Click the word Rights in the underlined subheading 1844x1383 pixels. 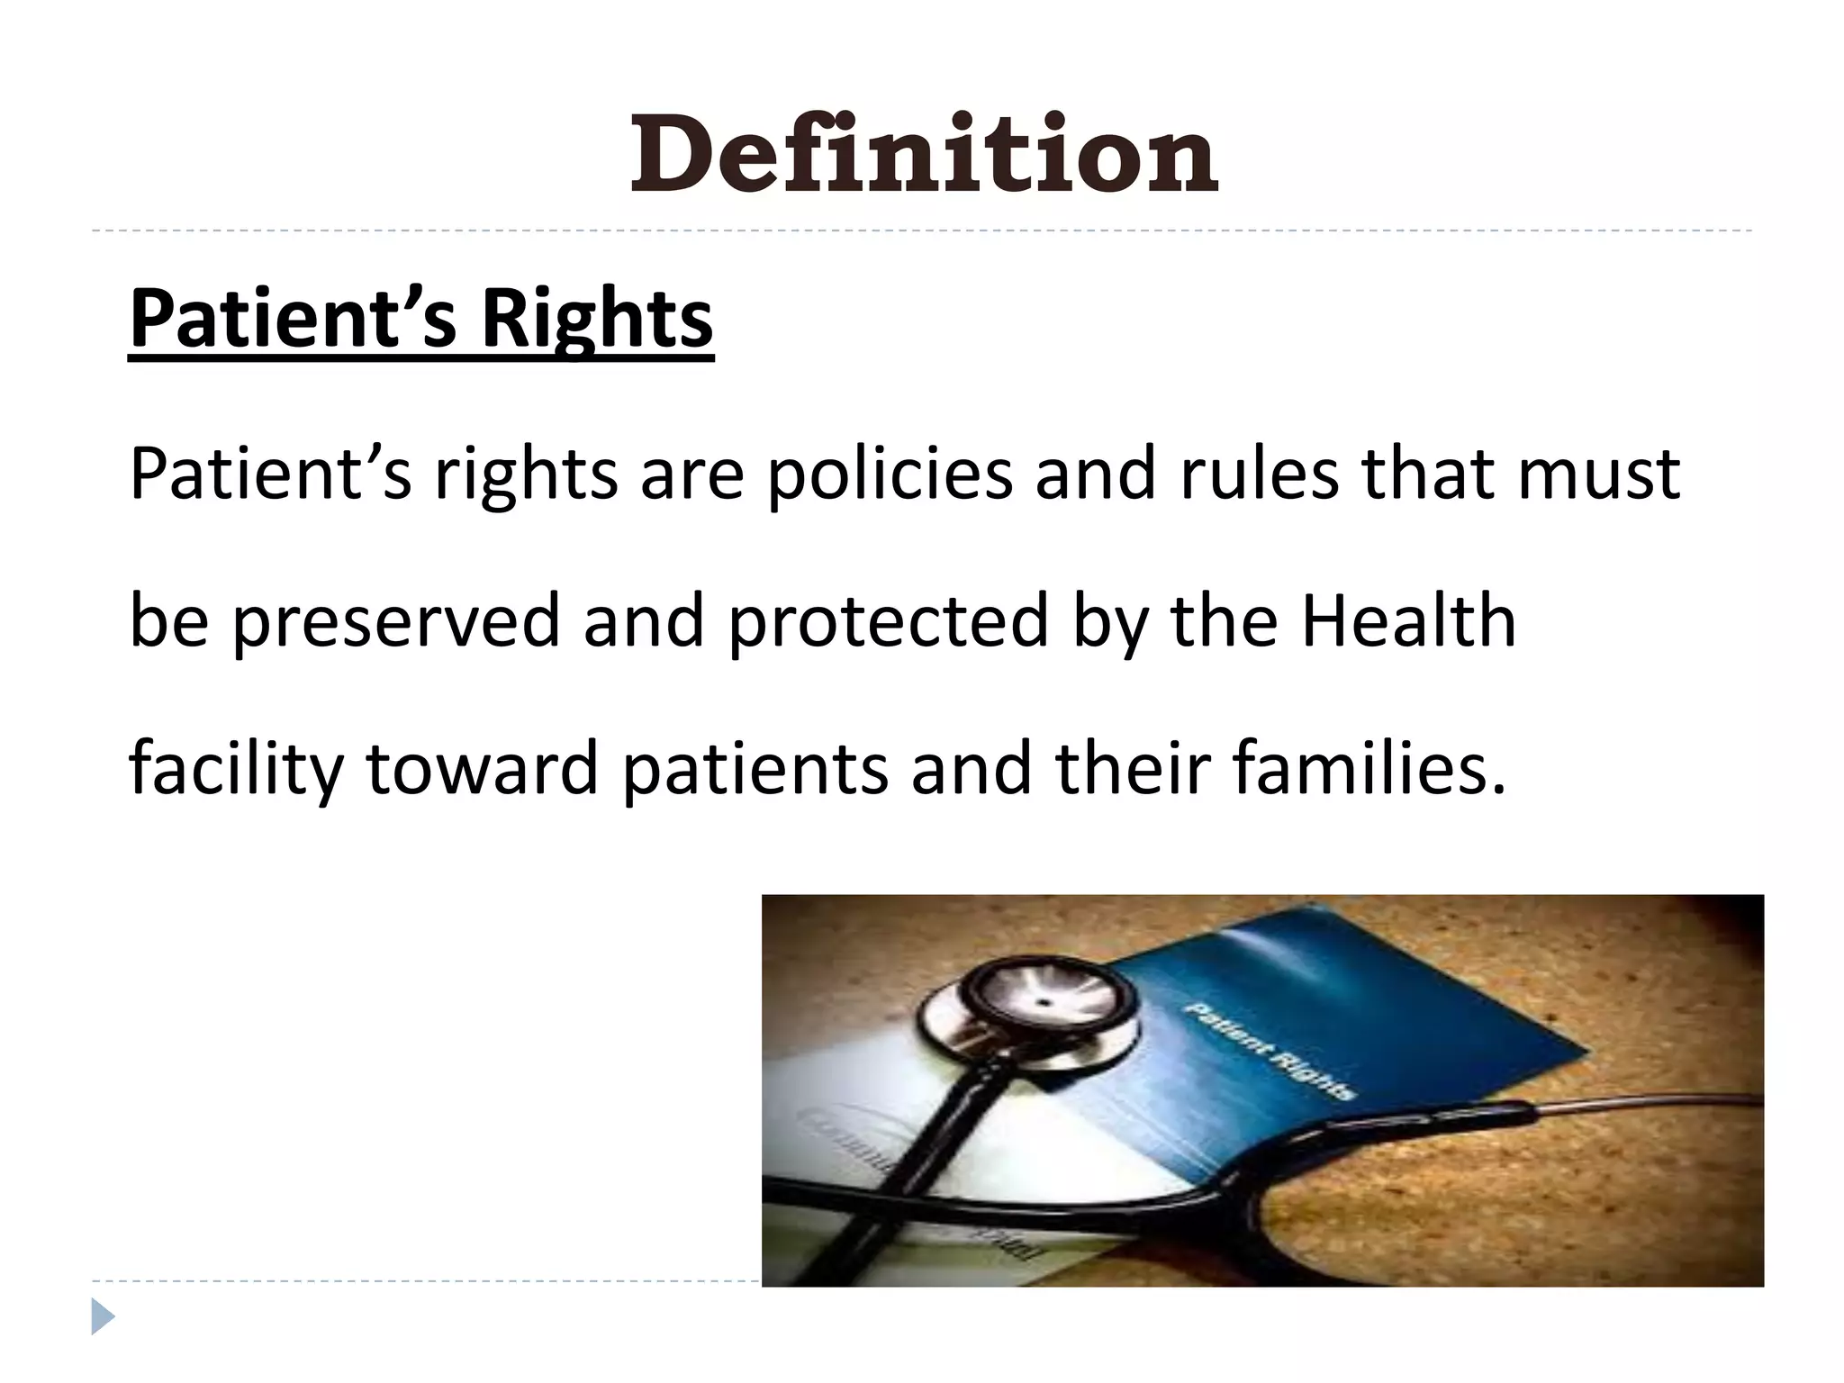tap(597, 319)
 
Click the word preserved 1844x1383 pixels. tap(397, 622)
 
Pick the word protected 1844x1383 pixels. tap(888, 622)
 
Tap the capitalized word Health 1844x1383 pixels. tap(1408, 620)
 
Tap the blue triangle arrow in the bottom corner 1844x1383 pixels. tap(103, 1316)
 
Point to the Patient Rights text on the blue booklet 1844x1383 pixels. tap(1270, 1050)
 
